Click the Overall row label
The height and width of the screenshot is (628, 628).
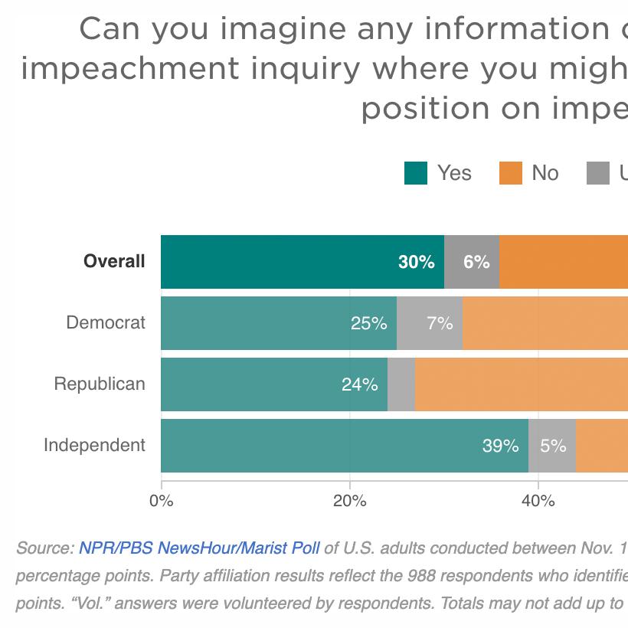coord(114,261)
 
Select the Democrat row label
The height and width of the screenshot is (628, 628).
coord(106,322)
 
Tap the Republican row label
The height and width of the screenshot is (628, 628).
coord(100,384)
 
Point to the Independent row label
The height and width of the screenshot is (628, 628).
coord(94,445)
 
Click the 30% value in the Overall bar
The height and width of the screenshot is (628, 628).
coord(416,262)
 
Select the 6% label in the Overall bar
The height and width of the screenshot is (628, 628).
coord(476,262)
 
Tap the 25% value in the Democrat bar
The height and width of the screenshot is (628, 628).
coord(368,323)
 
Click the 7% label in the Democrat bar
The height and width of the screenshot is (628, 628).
coord(440,323)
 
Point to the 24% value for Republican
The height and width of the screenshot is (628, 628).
coord(359,384)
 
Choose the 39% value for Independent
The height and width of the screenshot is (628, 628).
coord(500,446)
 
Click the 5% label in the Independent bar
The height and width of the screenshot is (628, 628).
coord(552,446)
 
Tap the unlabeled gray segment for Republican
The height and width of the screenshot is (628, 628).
coord(401,384)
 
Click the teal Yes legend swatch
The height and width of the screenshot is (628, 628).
coord(415,173)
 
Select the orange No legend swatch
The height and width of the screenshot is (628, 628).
coord(510,173)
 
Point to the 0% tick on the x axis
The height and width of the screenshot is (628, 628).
coord(162,502)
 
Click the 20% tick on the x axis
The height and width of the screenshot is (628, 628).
coord(350,502)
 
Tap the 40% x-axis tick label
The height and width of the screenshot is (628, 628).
coord(538,502)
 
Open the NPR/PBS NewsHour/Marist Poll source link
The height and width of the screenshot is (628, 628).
coord(199,548)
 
